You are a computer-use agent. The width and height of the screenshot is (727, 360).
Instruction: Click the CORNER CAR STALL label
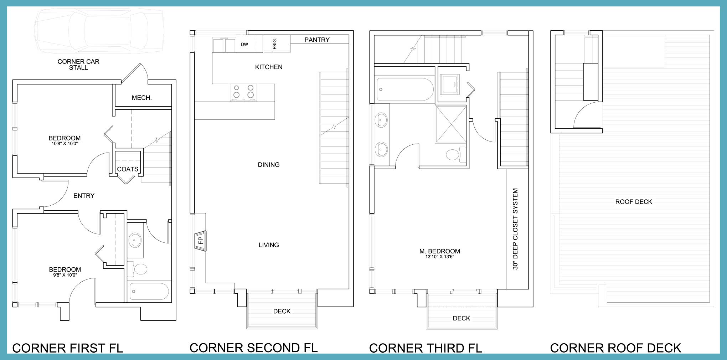point(78,65)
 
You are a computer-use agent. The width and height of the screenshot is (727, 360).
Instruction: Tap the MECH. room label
point(142,98)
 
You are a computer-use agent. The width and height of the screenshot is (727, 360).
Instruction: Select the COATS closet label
point(128,169)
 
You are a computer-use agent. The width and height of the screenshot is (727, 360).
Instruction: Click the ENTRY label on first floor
point(84,196)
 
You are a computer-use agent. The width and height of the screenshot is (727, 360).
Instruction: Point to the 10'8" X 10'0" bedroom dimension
point(65,144)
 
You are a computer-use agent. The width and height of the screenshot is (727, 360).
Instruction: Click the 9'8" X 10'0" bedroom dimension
point(65,275)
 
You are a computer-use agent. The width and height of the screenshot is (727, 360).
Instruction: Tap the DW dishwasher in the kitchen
point(245,44)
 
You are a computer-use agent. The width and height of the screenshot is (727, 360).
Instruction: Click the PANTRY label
point(317,40)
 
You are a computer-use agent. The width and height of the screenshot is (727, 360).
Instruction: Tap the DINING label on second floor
point(269,165)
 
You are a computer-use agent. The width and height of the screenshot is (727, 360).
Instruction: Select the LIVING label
point(269,245)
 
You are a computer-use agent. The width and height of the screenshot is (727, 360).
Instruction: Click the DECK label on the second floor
point(282,312)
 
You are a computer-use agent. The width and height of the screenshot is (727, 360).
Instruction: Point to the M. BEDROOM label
point(439,251)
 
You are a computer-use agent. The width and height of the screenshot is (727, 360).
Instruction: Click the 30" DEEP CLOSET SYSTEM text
point(515,229)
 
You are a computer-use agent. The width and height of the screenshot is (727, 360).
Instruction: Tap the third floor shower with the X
point(451,124)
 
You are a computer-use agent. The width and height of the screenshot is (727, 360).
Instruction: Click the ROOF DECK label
point(634,202)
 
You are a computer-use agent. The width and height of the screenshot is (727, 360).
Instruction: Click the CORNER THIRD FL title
point(426,348)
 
